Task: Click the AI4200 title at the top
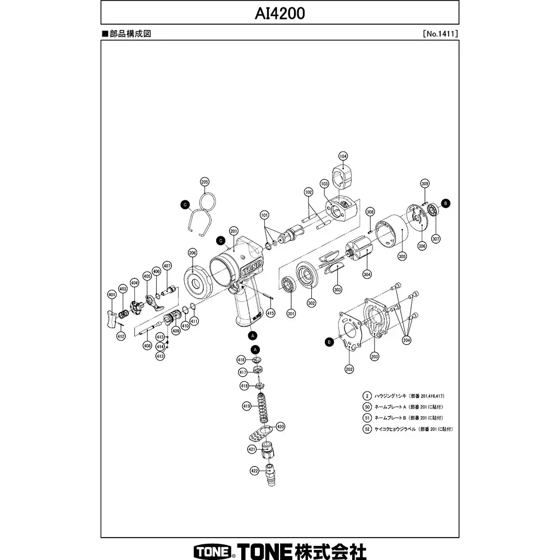[280, 13]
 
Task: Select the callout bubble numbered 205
[204, 182]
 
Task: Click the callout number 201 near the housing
[234, 230]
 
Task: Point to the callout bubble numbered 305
[402, 255]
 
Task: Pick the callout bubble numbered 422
[254, 471]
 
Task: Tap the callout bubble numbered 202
[349, 369]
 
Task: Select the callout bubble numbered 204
[407, 339]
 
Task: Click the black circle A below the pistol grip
[252, 335]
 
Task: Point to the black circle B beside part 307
[445, 203]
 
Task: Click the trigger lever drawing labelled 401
[111, 318]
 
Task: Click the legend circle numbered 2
[367, 395]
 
